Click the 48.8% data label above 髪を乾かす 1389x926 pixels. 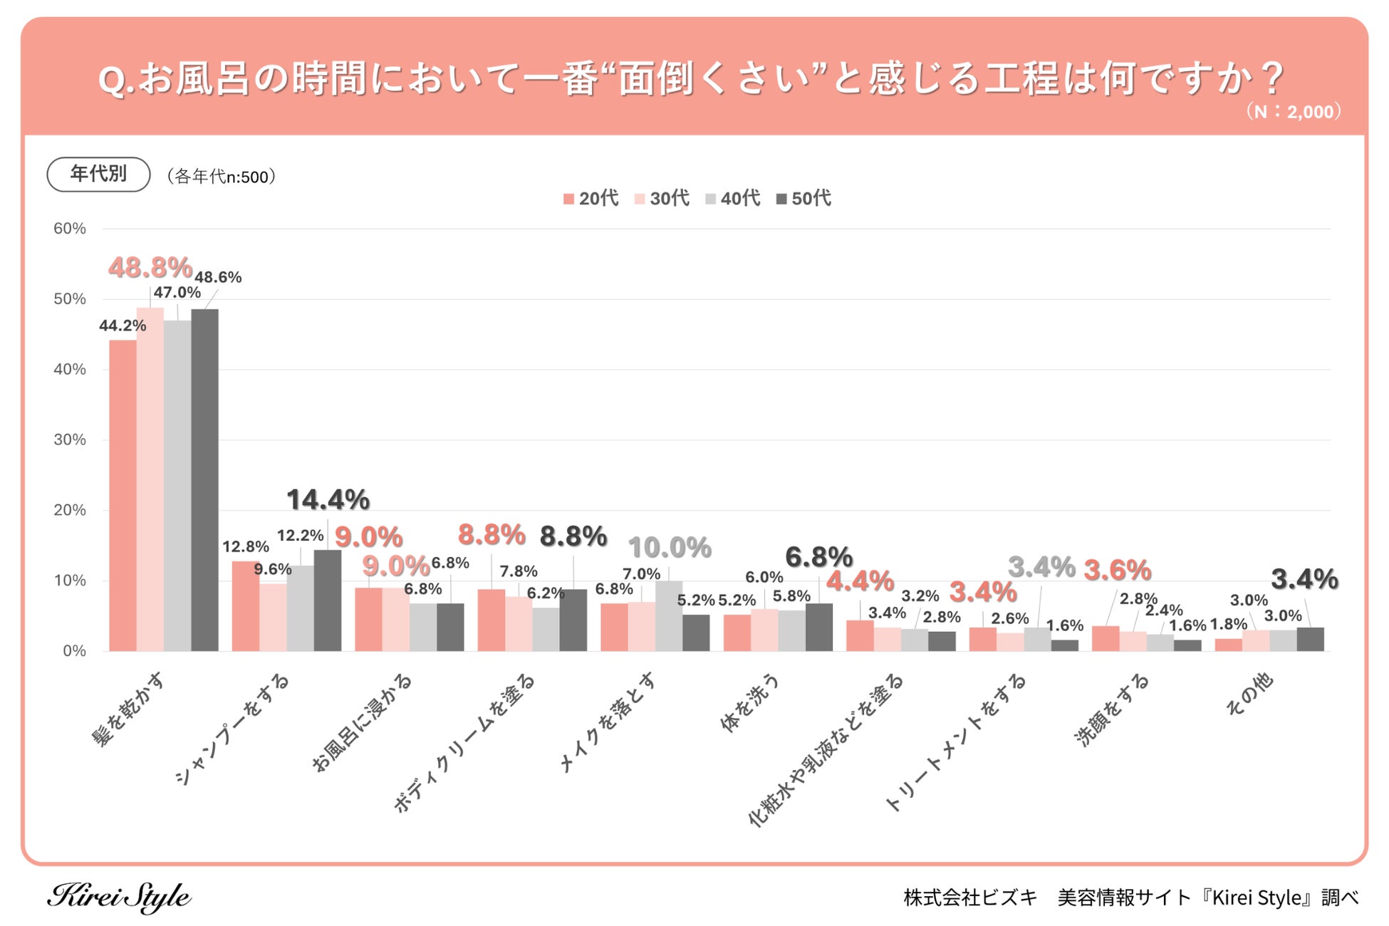(150, 268)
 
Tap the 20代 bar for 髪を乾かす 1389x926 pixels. (123, 495)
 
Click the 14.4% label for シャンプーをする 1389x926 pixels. (328, 500)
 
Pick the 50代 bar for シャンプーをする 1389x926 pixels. (328, 600)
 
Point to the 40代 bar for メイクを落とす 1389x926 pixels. (669, 615)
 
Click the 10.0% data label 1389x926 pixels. (669, 548)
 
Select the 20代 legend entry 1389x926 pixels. (591, 199)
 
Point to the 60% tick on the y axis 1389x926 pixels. (70, 229)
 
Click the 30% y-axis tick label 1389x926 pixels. (70, 439)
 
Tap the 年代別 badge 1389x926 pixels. (98, 174)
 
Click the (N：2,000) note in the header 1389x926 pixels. (1293, 112)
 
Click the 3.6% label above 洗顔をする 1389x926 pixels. (1117, 570)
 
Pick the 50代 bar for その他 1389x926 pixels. (1310, 639)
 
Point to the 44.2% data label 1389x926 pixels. (123, 326)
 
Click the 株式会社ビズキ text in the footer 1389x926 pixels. (970, 898)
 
